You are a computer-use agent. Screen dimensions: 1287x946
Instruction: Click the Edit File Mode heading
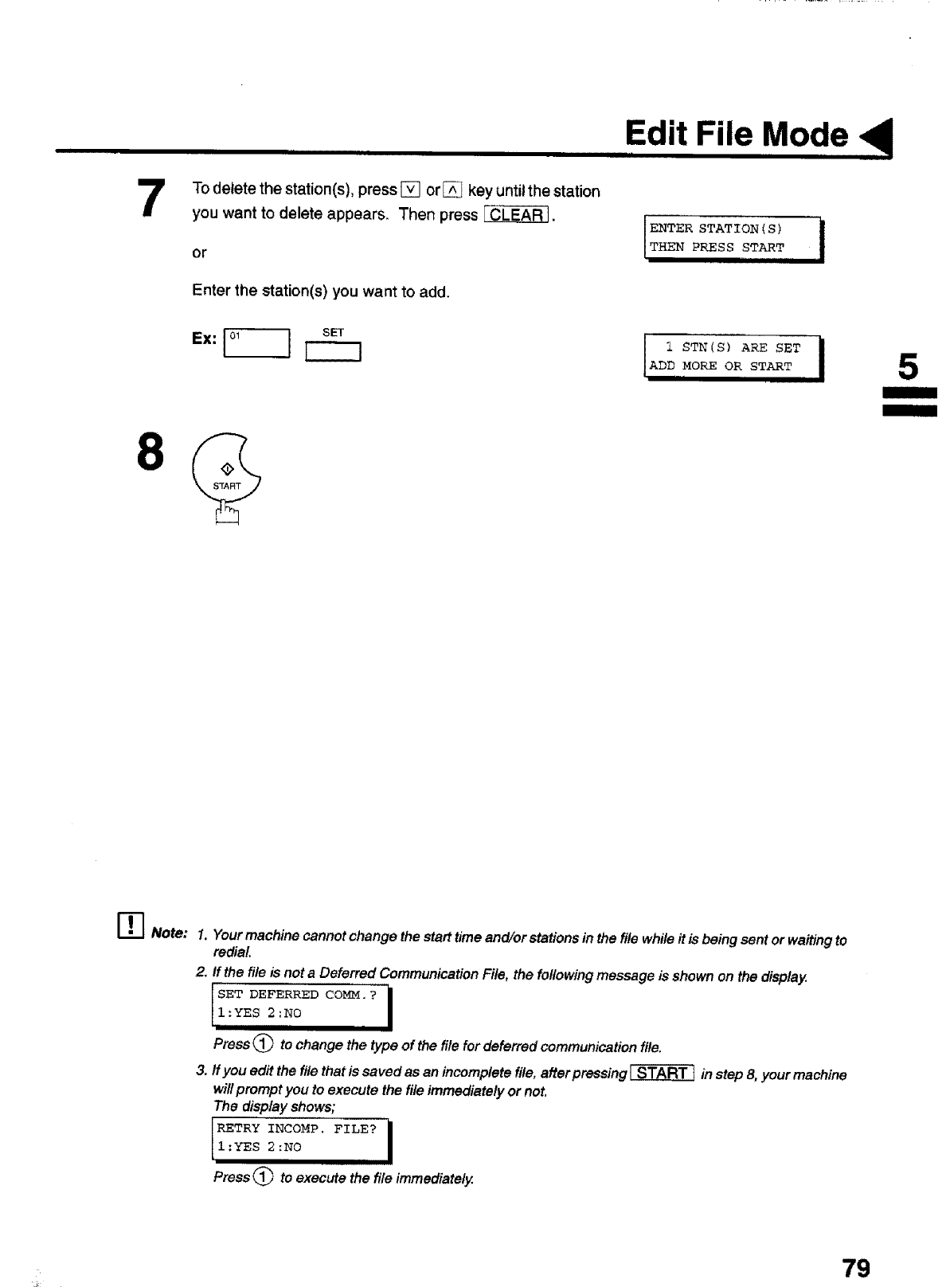tap(736, 134)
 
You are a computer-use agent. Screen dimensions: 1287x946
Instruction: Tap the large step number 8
tap(151, 452)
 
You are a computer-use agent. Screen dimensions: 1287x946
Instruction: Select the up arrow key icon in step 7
tap(452, 190)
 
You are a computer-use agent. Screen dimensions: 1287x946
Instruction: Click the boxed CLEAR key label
tap(516, 215)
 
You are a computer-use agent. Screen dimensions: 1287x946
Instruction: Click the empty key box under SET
tap(334, 350)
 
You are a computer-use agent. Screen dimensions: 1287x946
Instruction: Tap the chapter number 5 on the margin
tap(907, 368)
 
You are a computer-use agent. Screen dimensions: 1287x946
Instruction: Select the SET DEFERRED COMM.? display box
tap(301, 1005)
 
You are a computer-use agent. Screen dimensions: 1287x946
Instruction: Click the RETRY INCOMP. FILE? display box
tap(301, 1139)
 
